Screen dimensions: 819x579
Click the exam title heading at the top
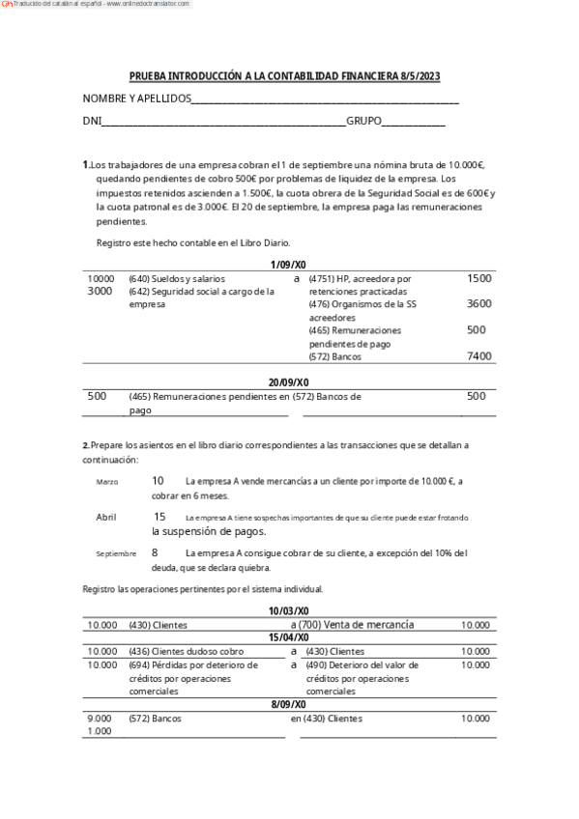[x=285, y=76]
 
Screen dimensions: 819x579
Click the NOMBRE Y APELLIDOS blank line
[x=325, y=100]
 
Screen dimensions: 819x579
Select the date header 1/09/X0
[x=288, y=265]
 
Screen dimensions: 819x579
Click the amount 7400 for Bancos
[x=478, y=356]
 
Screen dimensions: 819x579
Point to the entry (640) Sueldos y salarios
[x=177, y=278]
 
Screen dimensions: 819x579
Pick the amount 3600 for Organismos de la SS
[x=478, y=304]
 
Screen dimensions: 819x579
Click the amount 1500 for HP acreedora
[x=478, y=278]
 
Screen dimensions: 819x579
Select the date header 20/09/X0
[x=288, y=382]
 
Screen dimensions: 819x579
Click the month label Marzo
[x=107, y=482]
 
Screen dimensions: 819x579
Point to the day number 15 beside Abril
[x=159, y=517]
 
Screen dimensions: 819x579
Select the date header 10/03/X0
[x=288, y=611]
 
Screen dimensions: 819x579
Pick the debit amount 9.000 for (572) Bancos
[x=100, y=719]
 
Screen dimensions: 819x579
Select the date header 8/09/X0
[x=288, y=705]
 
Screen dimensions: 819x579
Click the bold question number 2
[x=85, y=444]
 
